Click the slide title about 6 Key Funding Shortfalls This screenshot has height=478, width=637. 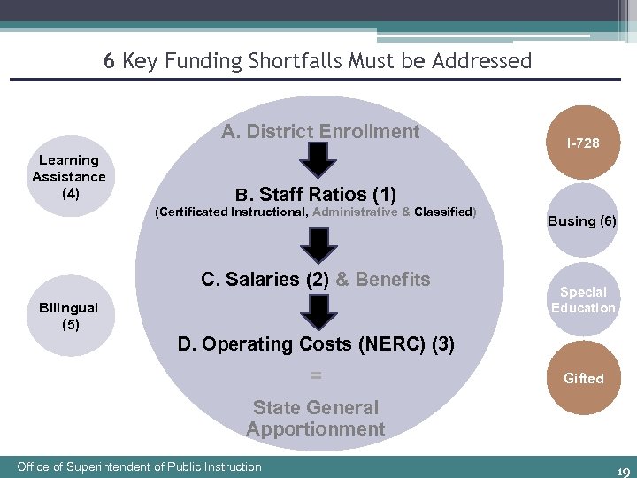pos(318,61)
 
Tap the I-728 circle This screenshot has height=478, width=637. pos(583,143)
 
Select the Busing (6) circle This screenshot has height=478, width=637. pos(582,220)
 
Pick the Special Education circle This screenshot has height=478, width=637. pos(583,299)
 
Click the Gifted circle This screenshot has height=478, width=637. pos(583,378)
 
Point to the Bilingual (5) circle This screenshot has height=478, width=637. pos(69,316)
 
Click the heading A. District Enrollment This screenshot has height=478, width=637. pos(320,132)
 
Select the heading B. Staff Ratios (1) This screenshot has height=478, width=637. pos(315,194)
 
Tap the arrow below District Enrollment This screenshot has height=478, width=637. pos(320,159)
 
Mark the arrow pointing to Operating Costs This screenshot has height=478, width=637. pos(317,311)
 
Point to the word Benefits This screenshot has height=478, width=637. pos(393,280)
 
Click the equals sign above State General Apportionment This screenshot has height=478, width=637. pos(316,376)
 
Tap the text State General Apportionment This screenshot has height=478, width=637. pos(316,419)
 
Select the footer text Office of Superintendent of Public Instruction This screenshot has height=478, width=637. pos(140,466)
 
